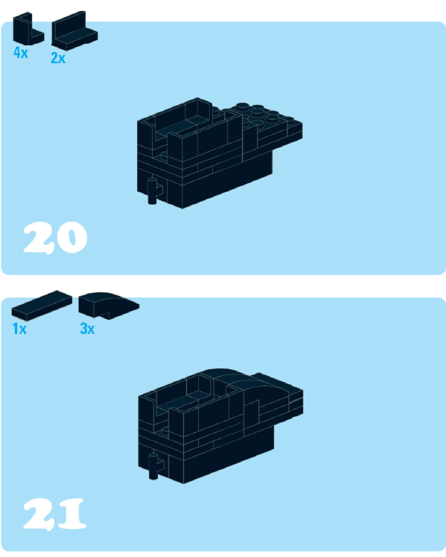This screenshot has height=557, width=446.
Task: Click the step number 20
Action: tap(55, 237)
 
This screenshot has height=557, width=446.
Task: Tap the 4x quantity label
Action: tap(21, 52)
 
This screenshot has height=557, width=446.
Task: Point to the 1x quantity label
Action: tap(19, 329)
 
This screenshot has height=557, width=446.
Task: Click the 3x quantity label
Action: tap(87, 329)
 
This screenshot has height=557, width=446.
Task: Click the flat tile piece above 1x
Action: tap(42, 306)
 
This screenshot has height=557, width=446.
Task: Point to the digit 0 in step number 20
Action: tap(71, 237)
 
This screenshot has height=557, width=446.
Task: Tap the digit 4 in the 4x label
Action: tap(17, 52)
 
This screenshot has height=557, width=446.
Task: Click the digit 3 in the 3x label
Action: tap(83, 329)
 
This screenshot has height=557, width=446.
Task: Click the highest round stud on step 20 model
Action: tap(243, 107)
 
